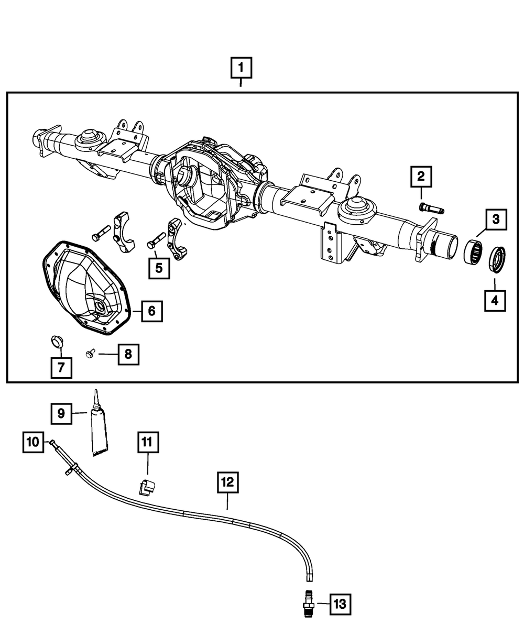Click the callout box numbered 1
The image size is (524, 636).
pyautogui.click(x=241, y=68)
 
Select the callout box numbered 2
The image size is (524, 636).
pyautogui.click(x=421, y=177)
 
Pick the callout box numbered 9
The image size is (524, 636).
pyautogui.click(x=61, y=413)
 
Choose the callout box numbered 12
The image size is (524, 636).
pyautogui.click(x=228, y=482)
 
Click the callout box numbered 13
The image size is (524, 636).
pyautogui.click(x=340, y=604)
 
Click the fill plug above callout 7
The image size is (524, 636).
pyautogui.click(x=56, y=341)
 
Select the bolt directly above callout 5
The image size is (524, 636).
pyautogui.click(x=157, y=240)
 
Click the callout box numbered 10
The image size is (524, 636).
pyautogui.click(x=33, y=442)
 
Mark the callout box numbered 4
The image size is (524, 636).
pyautogui.click(x=495, y=301)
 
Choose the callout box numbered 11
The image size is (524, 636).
pyautogui.click(x=147, y=442)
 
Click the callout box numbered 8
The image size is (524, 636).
pyautogui.click(x=128, y=355)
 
